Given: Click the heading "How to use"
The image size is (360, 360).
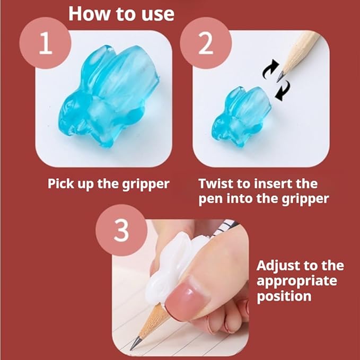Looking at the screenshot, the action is (121, 14).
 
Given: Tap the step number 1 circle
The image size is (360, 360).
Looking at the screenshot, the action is (45, 43).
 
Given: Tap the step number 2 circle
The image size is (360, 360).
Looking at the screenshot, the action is (206, 43).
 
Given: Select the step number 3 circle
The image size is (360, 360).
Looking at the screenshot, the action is (121, 230).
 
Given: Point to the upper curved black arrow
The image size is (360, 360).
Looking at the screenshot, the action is (270, 69).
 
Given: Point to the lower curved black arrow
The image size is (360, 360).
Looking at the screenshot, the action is (283, 91).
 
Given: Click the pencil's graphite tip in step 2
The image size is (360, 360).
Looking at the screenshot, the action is (280, 77).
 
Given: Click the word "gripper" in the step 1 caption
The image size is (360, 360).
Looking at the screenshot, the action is (146, 184).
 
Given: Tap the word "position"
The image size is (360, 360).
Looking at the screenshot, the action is (284, 296).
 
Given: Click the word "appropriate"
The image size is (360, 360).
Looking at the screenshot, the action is (297, 282).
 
